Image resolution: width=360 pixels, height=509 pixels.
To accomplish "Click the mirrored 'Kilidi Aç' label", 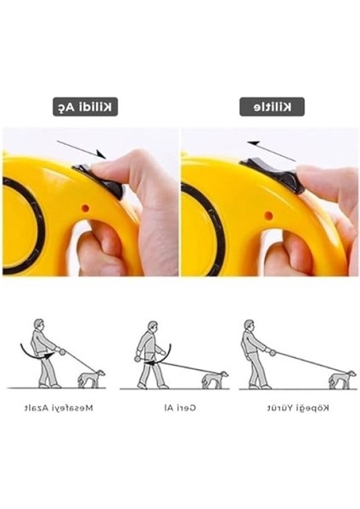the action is click(85, 107).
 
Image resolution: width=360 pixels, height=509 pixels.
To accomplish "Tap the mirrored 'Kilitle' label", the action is click(272, 107).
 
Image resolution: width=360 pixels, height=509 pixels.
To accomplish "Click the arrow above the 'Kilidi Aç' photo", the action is click(82, 149).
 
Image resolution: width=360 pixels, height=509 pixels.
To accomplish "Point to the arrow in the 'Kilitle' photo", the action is click(272, 151).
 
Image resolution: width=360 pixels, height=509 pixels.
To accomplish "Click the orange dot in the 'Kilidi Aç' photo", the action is click(85, 208).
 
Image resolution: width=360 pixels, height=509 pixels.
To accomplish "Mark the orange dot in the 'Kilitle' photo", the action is click(268, 215).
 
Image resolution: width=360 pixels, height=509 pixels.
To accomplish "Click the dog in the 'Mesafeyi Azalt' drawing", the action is click(92, 378).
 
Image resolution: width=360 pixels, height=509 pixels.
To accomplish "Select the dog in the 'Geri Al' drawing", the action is click(215, 380).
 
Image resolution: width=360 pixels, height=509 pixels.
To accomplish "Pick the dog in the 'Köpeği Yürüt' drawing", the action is click(342, 380).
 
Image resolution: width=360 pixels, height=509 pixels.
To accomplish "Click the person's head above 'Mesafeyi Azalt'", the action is click(39, 325).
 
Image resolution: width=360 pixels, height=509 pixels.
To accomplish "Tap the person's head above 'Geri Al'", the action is click(152, 327).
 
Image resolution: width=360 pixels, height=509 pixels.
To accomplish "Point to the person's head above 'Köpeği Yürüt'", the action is click(249, 325).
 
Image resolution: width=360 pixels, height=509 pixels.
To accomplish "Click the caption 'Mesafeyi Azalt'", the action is click(59, 408).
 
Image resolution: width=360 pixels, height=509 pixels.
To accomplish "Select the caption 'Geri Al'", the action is click(180, 408).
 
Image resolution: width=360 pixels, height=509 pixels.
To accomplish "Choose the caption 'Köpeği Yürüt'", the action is click(298, 408).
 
